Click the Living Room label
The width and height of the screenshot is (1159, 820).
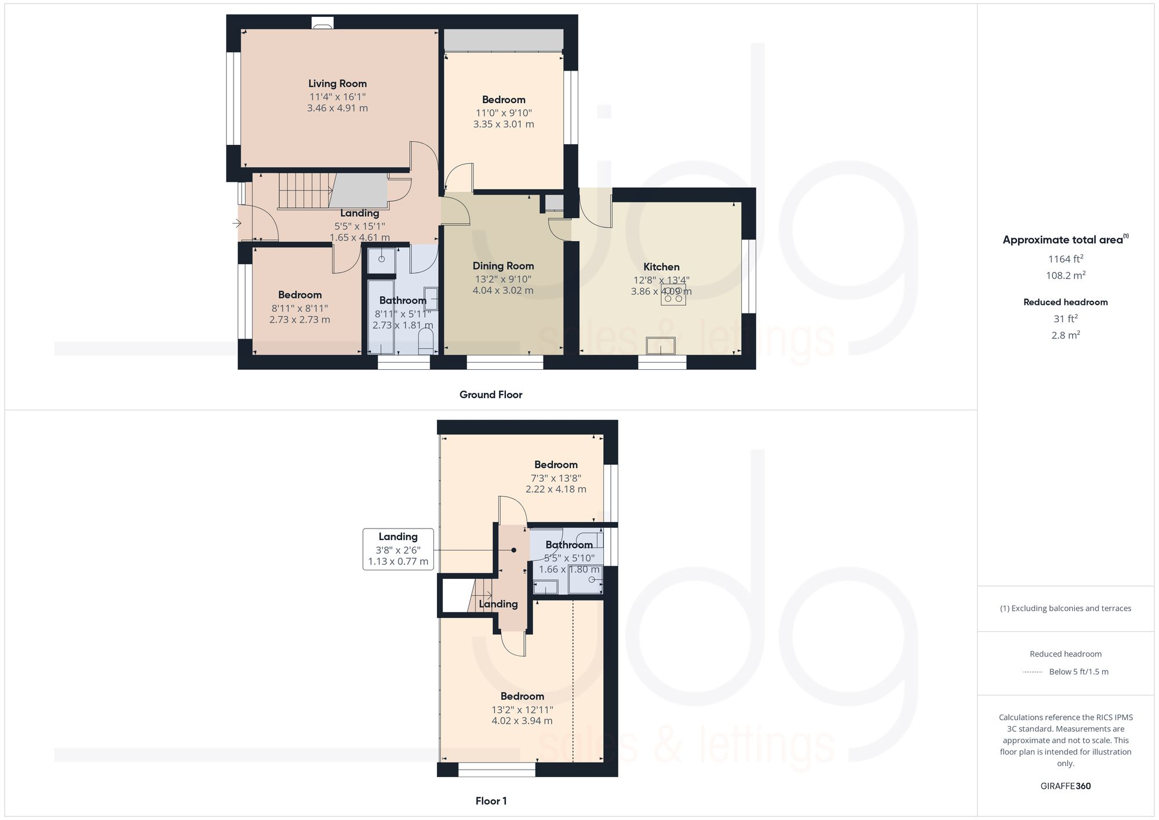pyautogui.click(x=337, y=83)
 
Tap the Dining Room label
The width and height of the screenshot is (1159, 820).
pyautogui.click(x=503, y=266)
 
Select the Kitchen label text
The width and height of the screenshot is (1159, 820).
pyautogui.click(x=661, y=267)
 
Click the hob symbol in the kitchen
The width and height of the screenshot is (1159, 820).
pyautogui.click(x=673, y=295)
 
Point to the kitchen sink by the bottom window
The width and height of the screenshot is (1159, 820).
pyautogui.click(x=661, y=346)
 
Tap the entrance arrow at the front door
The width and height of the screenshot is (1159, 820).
pyautogui.click(x=236, y=223)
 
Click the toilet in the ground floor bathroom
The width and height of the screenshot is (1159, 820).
pyautogui.click(x=427, y=342)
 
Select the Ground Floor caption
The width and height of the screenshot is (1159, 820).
pyautogui.click(x=491, y=395)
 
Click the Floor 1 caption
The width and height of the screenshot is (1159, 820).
pyautogui.click(x=491, y=801)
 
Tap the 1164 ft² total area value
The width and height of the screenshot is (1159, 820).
pyautogui.click(x=1066, y=259)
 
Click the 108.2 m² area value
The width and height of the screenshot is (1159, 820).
pyautogui.click(x=1066, y=275)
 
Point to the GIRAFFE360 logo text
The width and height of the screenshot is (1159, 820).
pyautogui.click(x=1065, y=786)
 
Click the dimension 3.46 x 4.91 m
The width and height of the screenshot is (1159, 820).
pyautogui.click(x=337, y=108)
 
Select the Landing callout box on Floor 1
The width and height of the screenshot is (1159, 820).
pyautogui.click(x=398, y=549)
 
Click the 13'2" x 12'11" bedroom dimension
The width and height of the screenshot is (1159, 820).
pyautogui.click(x=522, y=710)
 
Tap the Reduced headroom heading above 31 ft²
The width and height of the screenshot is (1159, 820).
pyautogui.click(x=1065, y=302)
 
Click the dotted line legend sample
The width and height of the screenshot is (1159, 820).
pyautogui.click(x=1032, y=672)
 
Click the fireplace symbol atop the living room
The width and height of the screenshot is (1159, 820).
pyautogui.click(x=323, y=23)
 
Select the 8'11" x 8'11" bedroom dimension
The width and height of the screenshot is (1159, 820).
pyautogui.click(x=300, y=308)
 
